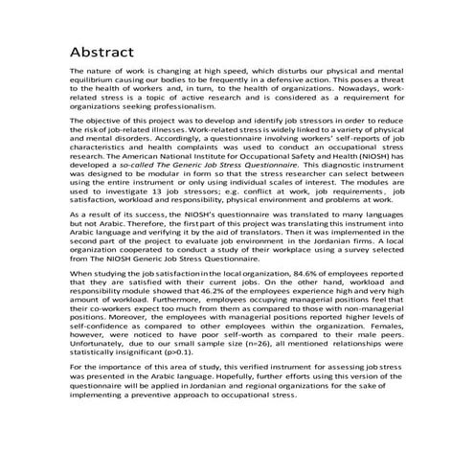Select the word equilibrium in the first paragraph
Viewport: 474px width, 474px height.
point(95,81)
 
